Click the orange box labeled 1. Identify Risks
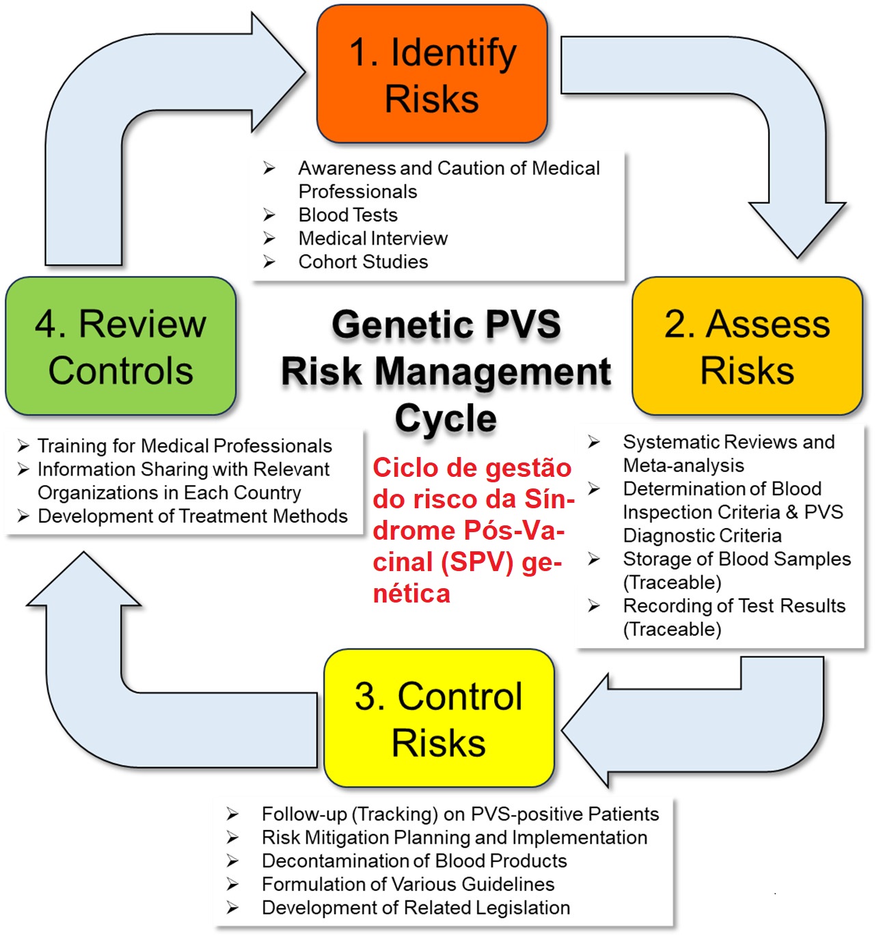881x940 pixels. pyautogui.click(x=432, y=74)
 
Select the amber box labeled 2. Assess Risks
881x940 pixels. pyautogui.click(x=747, y=346)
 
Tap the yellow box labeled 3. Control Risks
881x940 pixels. pyautogui.click(x=439, y=719)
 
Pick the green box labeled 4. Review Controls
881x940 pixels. pyautogui.click(x=121, y=346)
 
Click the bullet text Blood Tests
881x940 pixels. pyautogui.click(x=348, y=215)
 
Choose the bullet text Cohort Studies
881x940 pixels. pyautogui.click(x=363, y=262)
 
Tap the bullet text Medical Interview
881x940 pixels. pyautogui.click(x=372, y=238)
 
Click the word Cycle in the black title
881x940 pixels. pyautogui.click(x=446, y=418)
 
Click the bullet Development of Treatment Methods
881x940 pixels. pyautogui.click(x=192, y=516)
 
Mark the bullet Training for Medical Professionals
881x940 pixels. pyautogui.click(x=185, y=446)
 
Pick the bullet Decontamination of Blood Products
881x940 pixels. pyautogui.click(x=414, y=861)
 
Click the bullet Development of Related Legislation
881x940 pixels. pyautogui.click(x=416, y=907)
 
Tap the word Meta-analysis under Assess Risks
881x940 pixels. pyautogui.click(x=683, y=465)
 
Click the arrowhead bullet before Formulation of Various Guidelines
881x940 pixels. pyautogui.click(x=233, y=885)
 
